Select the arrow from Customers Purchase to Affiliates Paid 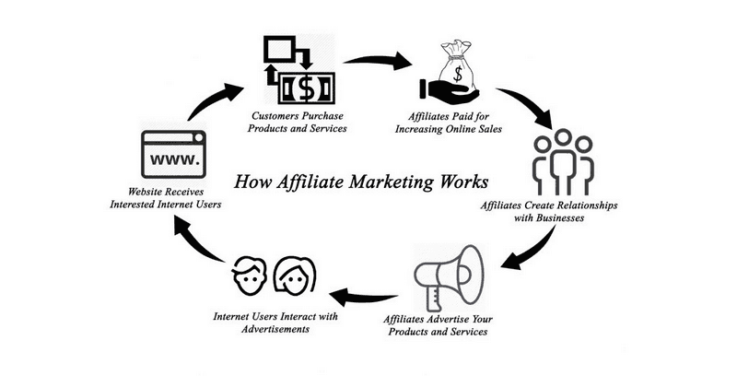380,62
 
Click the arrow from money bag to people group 528,105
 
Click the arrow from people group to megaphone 534,247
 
